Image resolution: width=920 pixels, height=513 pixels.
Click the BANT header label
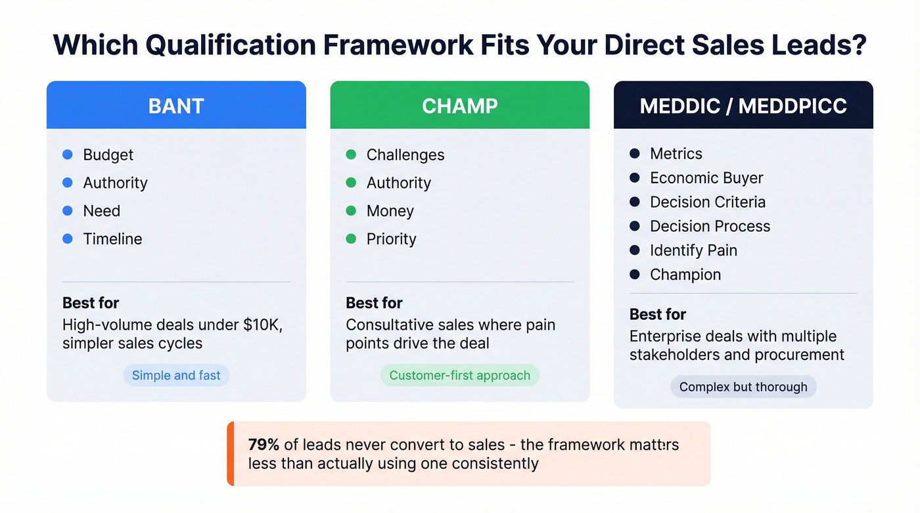click(x=176, y=106)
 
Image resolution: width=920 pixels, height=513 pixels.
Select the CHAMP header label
click(x=459, y=106)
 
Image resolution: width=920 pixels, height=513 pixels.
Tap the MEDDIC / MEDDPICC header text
click(x=743, y=106)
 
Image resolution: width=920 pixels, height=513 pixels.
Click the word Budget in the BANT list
click(x=108, y=155)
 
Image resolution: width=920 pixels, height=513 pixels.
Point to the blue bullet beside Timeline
click(x=68, y=239)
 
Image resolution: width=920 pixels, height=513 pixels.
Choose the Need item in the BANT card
click(x=101, y=211)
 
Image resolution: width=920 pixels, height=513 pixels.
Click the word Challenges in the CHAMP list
click(x=405, y=155)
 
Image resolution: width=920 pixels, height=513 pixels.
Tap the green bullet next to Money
click(x=351, y=211)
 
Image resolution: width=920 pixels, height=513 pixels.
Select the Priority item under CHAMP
click(x=391, y=239)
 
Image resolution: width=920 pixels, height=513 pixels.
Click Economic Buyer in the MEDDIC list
click(x=706, y=178)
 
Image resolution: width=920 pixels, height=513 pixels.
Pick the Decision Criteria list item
click(x=707, y=202)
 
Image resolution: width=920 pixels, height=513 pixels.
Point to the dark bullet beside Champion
click(x=635, y=275)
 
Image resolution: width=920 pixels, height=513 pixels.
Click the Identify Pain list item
click(x=693, y=250)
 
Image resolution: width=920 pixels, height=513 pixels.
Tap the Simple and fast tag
click(x=176, y=376)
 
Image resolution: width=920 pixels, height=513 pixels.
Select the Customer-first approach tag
click(x=459, y=376)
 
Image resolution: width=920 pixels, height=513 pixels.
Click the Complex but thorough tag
click(x=743, y=387)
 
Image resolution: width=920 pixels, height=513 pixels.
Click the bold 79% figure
click(x=264, y=445)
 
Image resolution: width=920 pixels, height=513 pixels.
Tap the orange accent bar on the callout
click(x=230, y=453)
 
